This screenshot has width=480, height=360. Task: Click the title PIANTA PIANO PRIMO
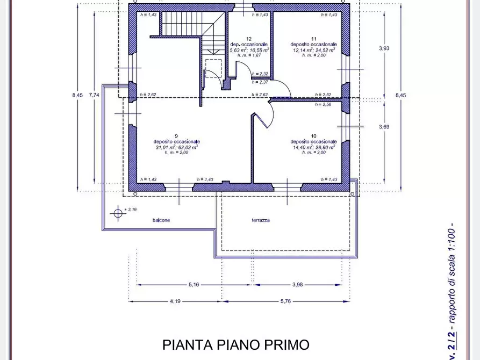pos(236,344)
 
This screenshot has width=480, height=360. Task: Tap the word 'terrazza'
pos(261,220)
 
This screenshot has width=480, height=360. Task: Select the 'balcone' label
pos(161,220)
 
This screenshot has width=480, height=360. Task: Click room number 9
pos(176,135)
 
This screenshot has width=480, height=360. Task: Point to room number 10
pos(313,135)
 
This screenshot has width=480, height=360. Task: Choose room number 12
pos(249,39)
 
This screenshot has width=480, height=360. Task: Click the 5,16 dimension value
pos(194,285)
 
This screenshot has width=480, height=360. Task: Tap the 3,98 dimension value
pos(299,285)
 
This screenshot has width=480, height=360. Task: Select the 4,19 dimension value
pos(175,301)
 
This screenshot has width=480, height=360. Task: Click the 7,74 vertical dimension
pos(94,95)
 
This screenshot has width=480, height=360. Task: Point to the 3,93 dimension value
pos(384,48)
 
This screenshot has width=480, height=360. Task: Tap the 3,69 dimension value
pos(384,127)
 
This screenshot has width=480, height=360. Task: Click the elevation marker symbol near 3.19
pos(118,213)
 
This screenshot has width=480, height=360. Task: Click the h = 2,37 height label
pos(260,82)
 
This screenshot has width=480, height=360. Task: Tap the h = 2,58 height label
pos(324,104)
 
